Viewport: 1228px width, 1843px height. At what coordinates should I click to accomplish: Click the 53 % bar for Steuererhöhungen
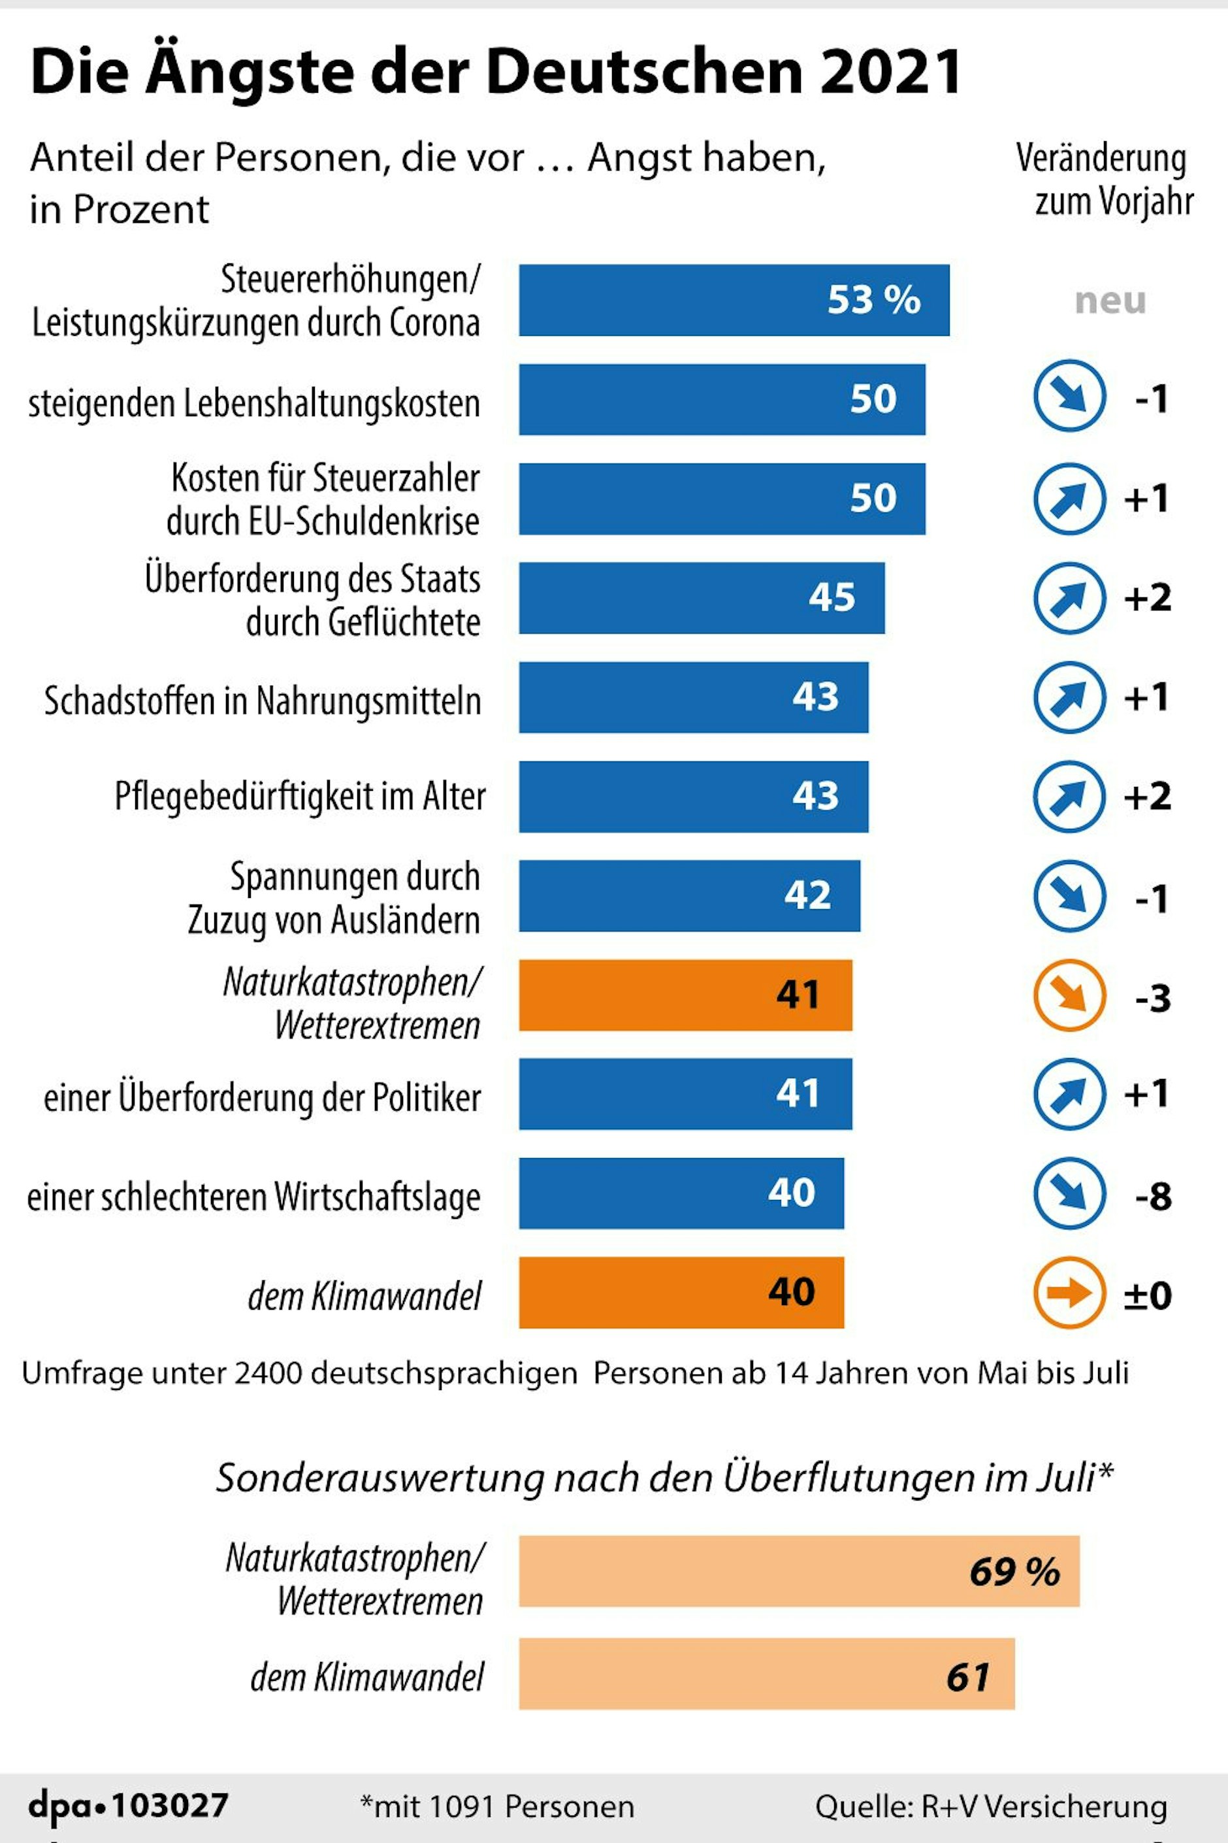click(734, 300)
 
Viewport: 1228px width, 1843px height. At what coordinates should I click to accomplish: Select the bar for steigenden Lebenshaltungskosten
click(721, 399)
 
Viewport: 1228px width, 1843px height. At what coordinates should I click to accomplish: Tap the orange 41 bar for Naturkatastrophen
click(685, 995)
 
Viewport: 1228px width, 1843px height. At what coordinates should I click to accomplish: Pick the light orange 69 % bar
click(799, 1571)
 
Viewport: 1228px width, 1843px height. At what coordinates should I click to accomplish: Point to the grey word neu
click(1110, 301)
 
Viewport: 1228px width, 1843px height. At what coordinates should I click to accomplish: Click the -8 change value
click(1153, 1196)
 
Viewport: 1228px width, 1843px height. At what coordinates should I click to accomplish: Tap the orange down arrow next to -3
click(1069, 995)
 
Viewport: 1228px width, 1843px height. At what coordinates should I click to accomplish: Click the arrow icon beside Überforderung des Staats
click(1069, 598)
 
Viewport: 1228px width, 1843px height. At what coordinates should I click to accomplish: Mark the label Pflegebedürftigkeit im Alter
click(300, 796)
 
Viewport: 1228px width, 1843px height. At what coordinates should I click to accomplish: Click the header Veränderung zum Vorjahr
click(1105, 180)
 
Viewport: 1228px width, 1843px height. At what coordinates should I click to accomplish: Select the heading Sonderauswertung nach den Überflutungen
click(664, 1478)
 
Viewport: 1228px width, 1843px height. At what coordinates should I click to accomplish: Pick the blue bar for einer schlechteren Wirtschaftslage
click(681, 1193)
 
